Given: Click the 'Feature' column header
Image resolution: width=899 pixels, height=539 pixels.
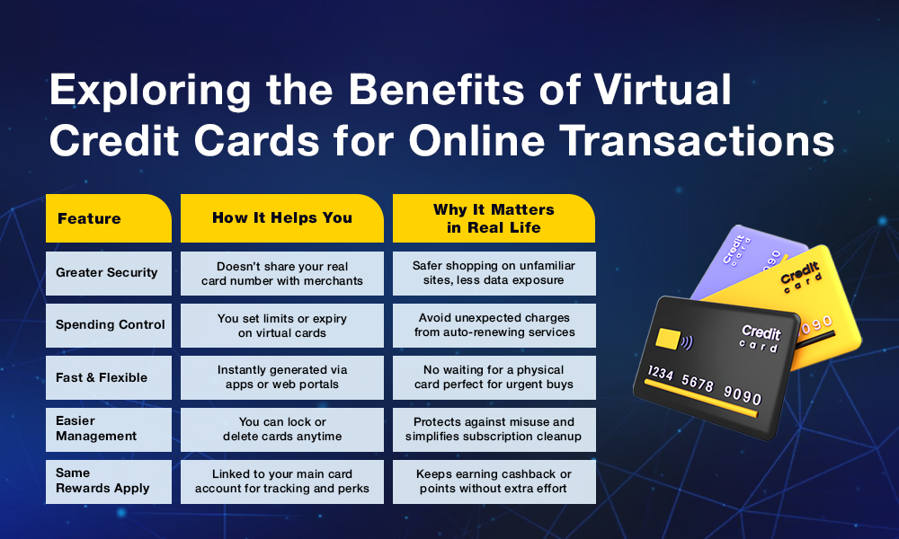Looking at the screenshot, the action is coord(109,218).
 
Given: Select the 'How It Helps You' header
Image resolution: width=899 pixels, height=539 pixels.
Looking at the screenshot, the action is coord(282,218).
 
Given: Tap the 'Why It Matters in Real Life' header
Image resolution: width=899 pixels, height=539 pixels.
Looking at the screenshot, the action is coord(494,218).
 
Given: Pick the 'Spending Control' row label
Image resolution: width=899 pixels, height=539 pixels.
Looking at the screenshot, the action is coord(109,325).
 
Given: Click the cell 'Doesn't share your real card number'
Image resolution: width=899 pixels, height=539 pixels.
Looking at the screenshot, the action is coord(282,273).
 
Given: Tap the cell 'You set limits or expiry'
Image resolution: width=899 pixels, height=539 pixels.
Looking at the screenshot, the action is coord(282,325).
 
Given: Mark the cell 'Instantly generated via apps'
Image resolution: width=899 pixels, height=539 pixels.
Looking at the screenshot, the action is coord(282,377).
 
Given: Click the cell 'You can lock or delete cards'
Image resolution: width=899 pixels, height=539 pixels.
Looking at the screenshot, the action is coord(282,429).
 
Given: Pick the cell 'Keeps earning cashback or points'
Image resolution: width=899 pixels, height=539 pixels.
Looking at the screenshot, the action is coord(494,482).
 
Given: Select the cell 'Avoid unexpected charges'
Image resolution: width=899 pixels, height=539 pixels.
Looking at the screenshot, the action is coord(494,325).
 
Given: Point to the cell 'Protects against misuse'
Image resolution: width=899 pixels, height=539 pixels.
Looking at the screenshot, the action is coord(494,429).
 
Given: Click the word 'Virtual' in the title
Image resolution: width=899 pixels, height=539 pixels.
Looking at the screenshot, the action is coord(663,89).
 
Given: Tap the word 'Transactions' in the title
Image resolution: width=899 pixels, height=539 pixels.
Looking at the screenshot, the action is coord(697,140).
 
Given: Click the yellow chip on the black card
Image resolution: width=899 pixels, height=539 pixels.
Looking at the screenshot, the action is coord(668,339).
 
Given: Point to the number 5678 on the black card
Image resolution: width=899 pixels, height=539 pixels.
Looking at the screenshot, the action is coord(698,382).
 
